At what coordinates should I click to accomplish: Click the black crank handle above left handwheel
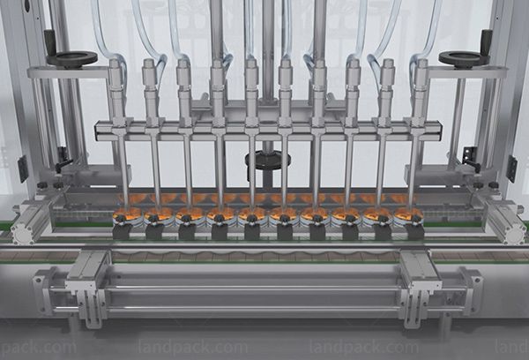coord(49,41)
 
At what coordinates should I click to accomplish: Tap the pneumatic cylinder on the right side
coord(504,220)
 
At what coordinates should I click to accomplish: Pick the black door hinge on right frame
coord(511,168)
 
